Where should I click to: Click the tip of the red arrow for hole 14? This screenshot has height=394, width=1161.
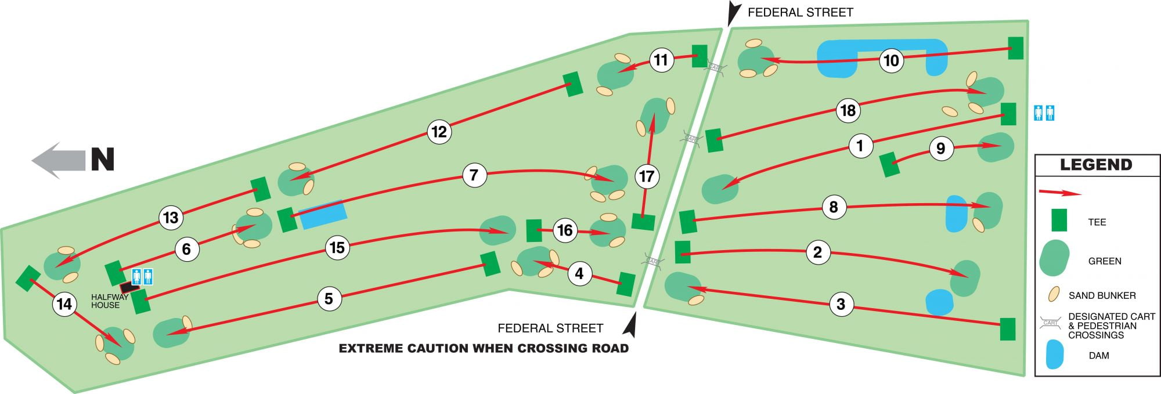coord(121,346)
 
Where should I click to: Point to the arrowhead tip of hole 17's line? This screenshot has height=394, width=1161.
coord(653,114)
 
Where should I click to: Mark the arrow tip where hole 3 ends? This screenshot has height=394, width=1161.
coord(687,287)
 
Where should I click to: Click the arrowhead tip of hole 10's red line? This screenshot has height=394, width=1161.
coord(759,58)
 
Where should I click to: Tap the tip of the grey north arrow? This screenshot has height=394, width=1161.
coord(31,160)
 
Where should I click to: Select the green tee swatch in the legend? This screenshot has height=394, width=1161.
coord(1059,220)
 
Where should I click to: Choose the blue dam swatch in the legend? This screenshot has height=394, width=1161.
coord(1055,355)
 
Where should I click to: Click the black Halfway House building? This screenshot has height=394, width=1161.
coord(129,287)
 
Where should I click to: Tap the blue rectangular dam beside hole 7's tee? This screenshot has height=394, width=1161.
coord(323,214)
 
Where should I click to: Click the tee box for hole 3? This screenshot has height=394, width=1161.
coord(1008,329)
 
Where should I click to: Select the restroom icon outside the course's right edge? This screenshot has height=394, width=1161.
coord(1044,113)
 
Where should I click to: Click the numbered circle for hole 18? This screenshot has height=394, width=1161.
coord(848,110)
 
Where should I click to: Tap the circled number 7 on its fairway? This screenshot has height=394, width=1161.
coord(474,175)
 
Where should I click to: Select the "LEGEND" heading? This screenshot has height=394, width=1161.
coord(1096,165)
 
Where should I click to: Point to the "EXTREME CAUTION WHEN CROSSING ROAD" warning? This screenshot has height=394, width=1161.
coord(484,349)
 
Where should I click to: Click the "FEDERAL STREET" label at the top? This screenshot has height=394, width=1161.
coord(801,12)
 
